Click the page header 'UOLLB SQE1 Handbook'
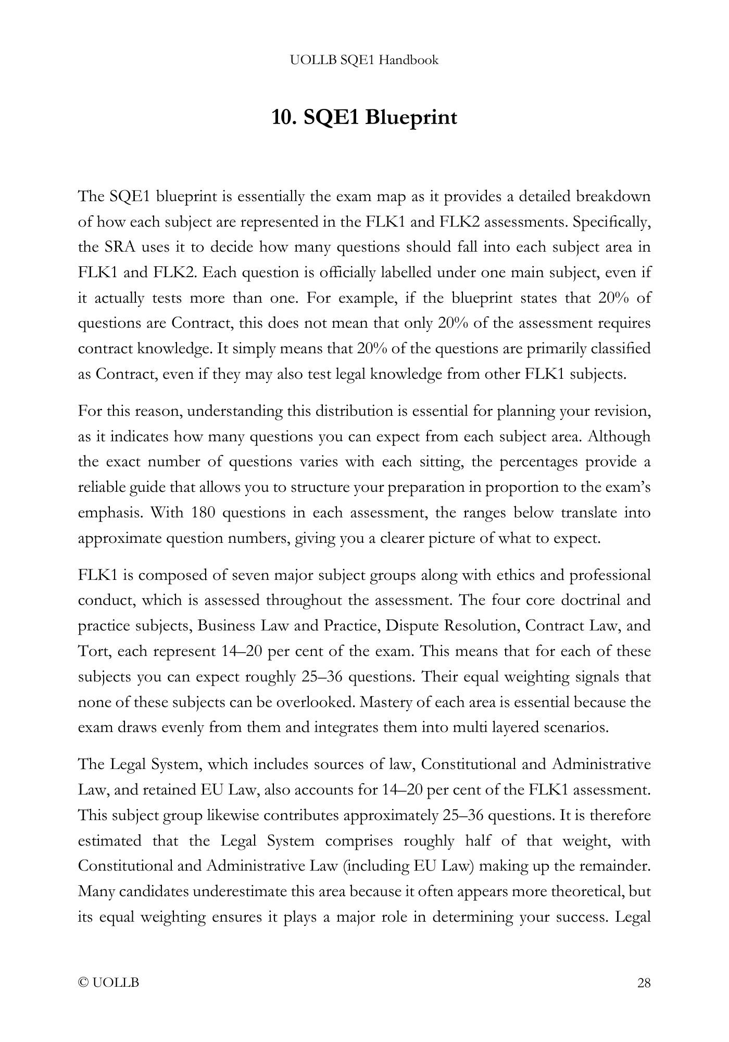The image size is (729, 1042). [x=364, y=60]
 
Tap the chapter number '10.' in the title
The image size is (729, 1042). [x=284, y=117]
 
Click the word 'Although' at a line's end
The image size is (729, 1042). [x=619, y=436]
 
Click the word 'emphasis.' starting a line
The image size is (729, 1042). [x=109, y=513]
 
